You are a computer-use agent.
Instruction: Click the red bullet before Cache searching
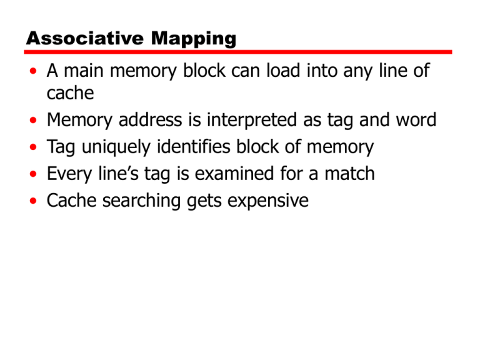32,201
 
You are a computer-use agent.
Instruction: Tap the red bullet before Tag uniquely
32,147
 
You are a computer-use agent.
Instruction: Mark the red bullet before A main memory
32,71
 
